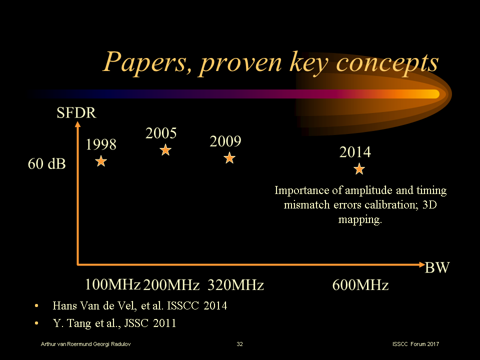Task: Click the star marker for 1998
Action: point(101,161)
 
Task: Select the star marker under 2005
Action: point(165,149)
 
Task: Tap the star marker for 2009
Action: point(229,158)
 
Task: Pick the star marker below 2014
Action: point(359,169)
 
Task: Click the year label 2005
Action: point(161,133)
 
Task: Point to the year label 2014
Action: point(355,152)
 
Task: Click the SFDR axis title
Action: point(76,113)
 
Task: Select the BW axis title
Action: point(437,268)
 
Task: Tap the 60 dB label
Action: point(46,163)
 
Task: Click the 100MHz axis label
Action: point(112,285)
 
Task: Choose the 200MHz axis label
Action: point(171,285)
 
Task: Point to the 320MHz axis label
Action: point(235,285)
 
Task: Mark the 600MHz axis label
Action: point(360,285)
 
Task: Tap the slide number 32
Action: point(240,344)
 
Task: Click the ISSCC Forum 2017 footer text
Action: point(416,344)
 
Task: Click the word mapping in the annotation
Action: point(360,219)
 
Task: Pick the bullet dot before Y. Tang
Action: point(36,323)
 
